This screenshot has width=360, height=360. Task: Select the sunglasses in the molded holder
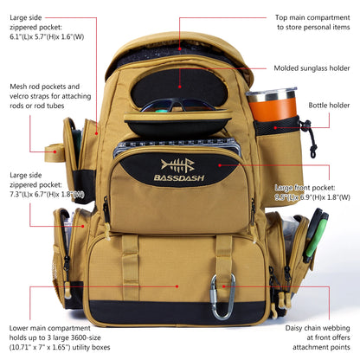coord(179,107)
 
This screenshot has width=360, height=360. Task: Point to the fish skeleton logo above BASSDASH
coord(177,164)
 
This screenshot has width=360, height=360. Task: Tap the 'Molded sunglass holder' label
coord(312,67)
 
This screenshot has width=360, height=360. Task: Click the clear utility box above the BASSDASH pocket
coord(177,144)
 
